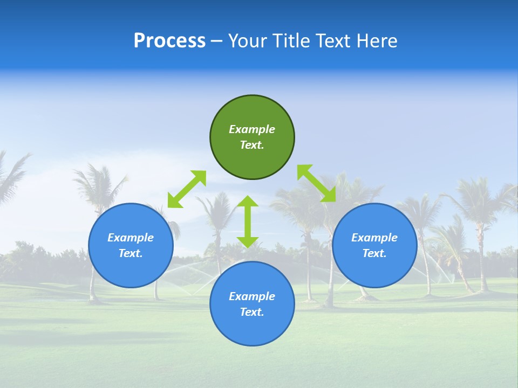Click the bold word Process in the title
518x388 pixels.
click(169, 41)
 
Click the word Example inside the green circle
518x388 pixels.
click(252, 129)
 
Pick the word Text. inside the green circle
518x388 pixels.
click(252, 145)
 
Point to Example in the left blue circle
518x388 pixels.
click(131, 238)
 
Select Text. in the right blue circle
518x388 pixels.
click(374, 253)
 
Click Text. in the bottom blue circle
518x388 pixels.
click(252, 312)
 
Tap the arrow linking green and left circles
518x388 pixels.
click(187, 189)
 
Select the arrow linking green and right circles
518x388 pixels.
click(317, 183)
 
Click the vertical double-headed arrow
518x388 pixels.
click(248, 221)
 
